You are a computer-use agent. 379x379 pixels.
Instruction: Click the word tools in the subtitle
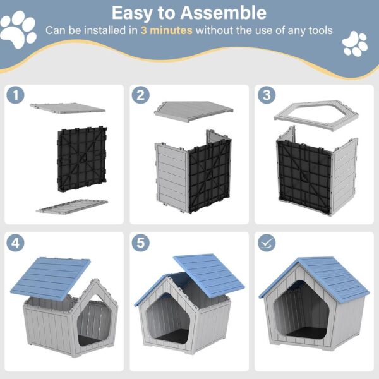tap(317, 30)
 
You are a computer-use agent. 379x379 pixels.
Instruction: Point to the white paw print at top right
tap(354, 43)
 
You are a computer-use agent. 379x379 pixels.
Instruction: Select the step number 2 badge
tap(140, 95)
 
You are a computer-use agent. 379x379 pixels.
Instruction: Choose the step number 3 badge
tap(265, 95)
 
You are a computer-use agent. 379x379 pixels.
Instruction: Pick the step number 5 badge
tap(140, 242)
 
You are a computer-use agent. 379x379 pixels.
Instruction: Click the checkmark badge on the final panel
tap(265, 242)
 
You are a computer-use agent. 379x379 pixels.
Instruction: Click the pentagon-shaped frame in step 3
tap(316, 115)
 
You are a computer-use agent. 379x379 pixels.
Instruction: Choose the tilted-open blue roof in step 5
tap(208, 273)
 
